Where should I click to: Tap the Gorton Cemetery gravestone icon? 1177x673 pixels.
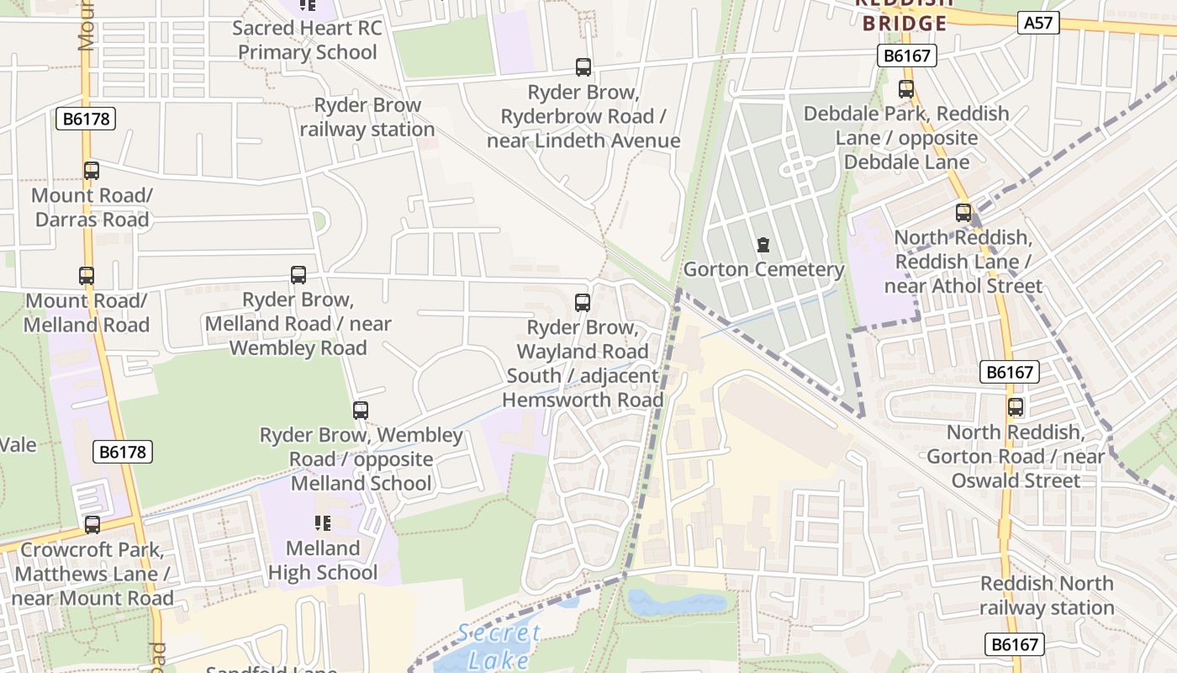click(763, 246)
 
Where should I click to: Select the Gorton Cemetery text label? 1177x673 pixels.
click(763, 270)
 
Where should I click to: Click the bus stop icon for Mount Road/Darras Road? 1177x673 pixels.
click(92, 171)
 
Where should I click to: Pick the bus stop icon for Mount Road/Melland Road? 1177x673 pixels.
click(87, 276)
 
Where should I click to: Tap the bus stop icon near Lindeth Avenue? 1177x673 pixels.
click(583, 67)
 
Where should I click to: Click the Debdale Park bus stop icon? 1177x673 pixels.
click(906, 89)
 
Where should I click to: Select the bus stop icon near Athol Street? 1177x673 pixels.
click(963, 213)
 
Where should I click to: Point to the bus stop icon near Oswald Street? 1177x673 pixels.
click(1016, 407)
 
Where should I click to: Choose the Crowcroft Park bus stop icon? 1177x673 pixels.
click(92, 525)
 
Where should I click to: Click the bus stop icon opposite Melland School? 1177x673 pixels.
click(361, 411)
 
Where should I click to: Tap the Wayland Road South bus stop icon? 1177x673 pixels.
click(582, 303)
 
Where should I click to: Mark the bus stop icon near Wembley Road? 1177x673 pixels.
click(298, 275)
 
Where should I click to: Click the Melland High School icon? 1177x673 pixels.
click(322, 523)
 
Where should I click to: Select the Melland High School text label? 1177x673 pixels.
click(323, 560)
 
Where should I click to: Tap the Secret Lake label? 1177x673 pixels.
click(499, 646)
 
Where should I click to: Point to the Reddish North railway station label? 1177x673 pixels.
click(1046, 596)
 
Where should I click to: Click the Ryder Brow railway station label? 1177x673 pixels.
click(367, 118)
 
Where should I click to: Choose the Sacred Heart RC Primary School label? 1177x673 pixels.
click(307, 40)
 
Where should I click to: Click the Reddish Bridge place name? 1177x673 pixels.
click(905, 15)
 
